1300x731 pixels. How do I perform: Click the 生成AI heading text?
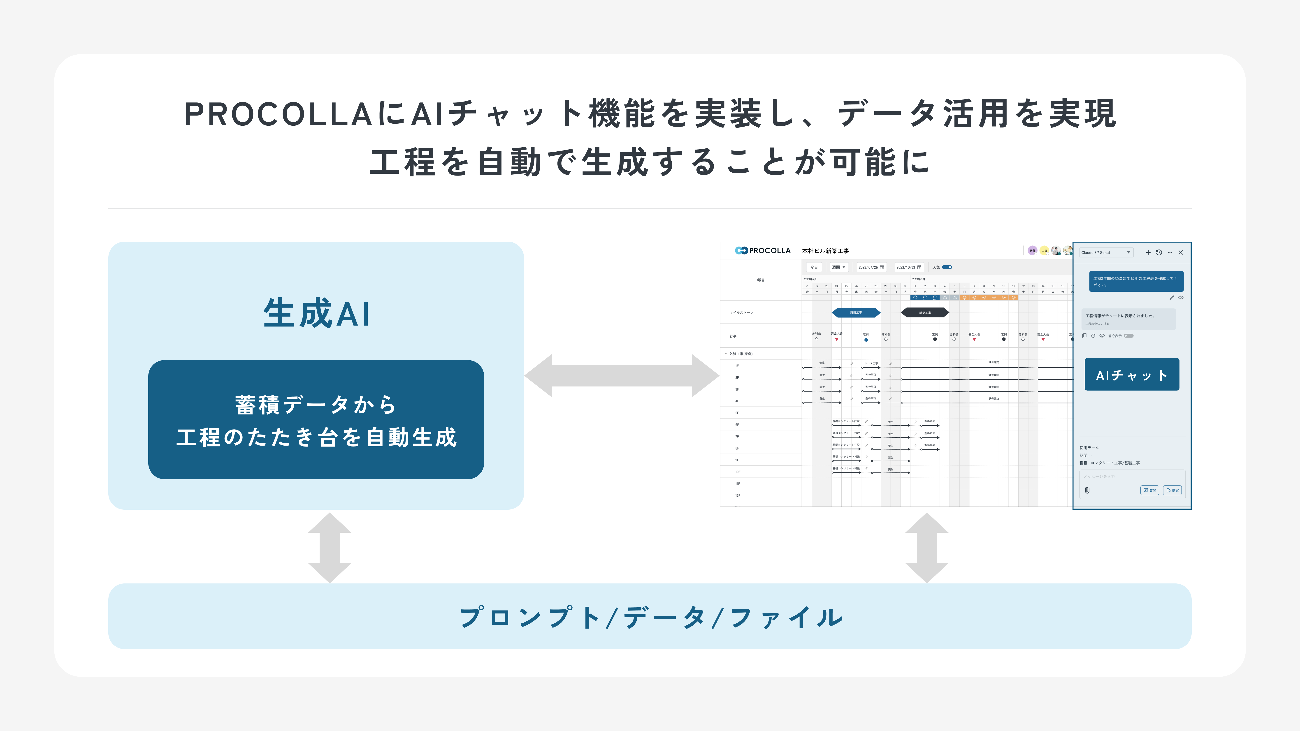[x=316, y=313]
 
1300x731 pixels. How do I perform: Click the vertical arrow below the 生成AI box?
[x=330, y=548]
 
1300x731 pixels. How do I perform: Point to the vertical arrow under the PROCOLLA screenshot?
[x=926, y=548]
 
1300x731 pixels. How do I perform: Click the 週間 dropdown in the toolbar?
[x=838, y=267]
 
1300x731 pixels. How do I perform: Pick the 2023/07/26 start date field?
[x=871, y=267]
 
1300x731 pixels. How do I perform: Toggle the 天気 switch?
[x=947, y=267]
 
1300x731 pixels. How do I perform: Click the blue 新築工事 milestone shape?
[x=856, y=313]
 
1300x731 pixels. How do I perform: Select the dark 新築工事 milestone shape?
[x=924, y=313]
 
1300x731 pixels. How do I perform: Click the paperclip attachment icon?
[x=1087, y=490]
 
